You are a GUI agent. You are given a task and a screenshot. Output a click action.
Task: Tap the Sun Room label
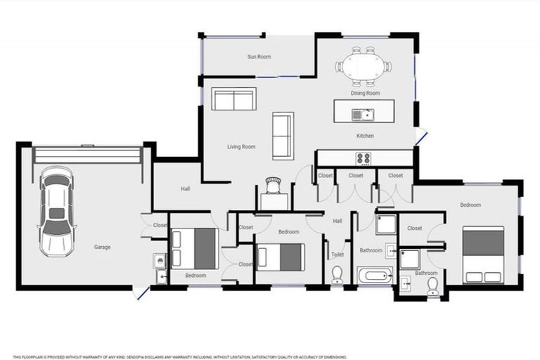(x=258, y=57)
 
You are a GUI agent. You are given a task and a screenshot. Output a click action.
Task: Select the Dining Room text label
(x=365, y=93)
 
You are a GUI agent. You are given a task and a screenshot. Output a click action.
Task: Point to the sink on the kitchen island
(x=365, y=112)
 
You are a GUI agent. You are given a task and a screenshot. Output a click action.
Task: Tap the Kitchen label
(x=365, y=136)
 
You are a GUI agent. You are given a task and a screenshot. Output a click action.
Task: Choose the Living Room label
(x=240, y=147)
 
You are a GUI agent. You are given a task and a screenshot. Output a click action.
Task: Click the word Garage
(x=103, y=247)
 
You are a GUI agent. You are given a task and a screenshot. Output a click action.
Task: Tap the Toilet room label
(x=337, y=256)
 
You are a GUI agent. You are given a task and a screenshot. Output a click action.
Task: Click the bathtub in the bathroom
(x=375, y=275)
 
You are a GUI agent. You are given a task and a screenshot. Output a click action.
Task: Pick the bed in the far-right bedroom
(x=483, y=254)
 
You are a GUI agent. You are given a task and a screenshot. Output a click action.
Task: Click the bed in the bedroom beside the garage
(x=195, y=247)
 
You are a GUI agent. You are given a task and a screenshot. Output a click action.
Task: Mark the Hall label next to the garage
(x=185, y=188)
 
